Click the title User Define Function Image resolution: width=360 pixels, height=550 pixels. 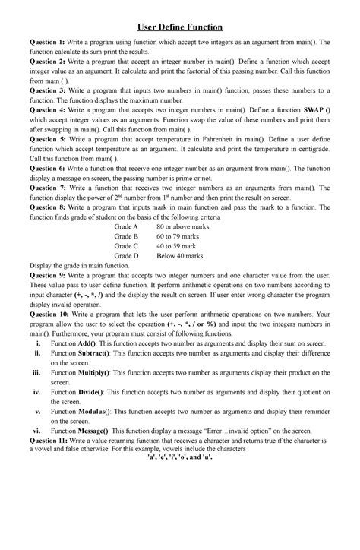coord(180,23)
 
